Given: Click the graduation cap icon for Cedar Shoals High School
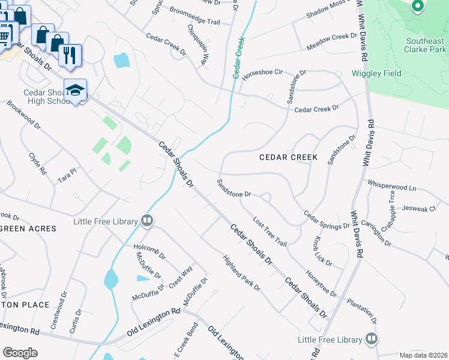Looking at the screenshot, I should point(75,90).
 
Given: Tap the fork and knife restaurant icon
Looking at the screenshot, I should point(70,55).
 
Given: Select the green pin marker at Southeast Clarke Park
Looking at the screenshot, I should point(418,6).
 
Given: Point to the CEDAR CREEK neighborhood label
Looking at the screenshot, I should point(288,157).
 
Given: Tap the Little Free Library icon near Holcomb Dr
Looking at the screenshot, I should point(147,221).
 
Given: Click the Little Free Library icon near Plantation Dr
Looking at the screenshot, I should point(372,339).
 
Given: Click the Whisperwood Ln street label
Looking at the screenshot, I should point(391,186).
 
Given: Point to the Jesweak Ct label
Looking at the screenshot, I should point(419,209).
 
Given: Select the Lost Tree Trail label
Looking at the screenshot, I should point(270,231).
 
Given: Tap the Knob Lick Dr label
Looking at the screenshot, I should point(322,252).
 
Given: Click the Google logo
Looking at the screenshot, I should point(20,353).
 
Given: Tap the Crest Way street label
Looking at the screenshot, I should point(180,277).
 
